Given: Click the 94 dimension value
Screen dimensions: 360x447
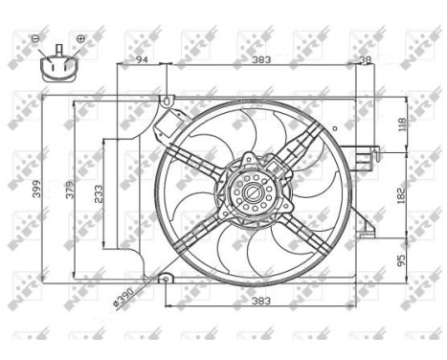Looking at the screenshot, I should point(142,59).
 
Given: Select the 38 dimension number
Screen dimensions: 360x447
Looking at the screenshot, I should point(365,59).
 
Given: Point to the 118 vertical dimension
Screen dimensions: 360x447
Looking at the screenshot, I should point(402,124).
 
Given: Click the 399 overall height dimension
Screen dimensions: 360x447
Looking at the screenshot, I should point(37,191).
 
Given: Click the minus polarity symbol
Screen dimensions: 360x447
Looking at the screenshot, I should point(35,38).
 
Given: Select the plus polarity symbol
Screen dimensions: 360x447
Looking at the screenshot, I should point(80,38).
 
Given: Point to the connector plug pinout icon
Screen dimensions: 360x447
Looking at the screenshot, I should point(57,68).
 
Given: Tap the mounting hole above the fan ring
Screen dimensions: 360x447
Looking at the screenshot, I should point(168,100).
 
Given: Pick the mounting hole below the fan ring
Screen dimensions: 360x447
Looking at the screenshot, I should point(165,279).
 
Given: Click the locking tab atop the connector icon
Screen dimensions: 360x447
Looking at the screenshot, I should point(57,48).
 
